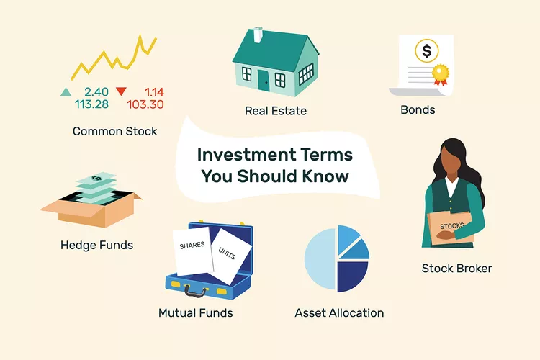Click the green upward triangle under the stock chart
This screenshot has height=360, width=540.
66,91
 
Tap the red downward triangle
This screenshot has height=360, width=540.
121,91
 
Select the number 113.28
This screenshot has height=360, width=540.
91,104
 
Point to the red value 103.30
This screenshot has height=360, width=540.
145,104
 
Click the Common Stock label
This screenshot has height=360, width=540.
114,132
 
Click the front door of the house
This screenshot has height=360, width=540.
264,81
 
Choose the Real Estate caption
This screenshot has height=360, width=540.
276,111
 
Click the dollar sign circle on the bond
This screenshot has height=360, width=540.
427,51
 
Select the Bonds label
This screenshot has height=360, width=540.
418,111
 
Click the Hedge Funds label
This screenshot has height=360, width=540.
96,245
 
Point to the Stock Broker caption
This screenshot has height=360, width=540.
457,269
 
